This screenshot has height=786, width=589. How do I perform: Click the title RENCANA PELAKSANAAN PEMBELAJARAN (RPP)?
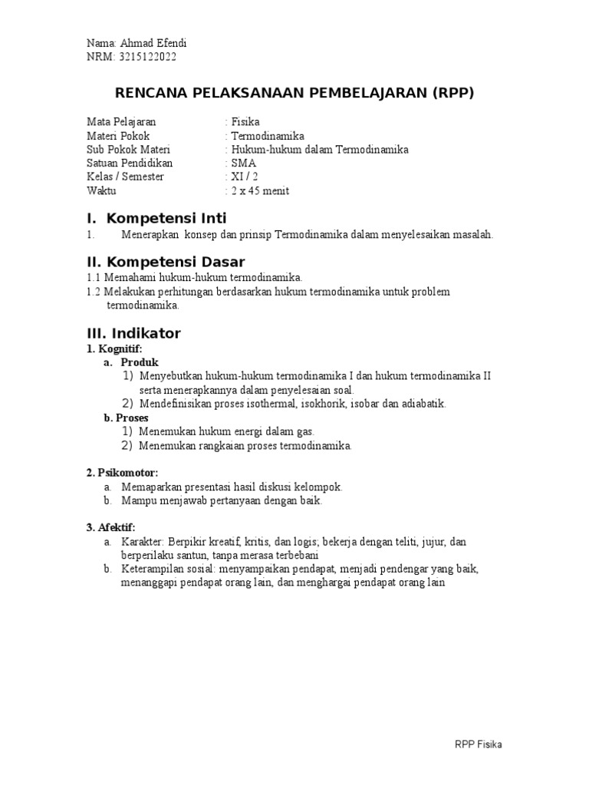[x=294, y=94]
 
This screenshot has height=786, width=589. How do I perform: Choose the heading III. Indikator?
[x=133, y=333]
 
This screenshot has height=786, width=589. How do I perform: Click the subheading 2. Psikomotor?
[x=122, y=472]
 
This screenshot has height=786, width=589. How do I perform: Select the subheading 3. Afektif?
[x=110, y=527]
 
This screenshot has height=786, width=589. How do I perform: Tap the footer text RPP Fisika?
[x=479, y=745]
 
